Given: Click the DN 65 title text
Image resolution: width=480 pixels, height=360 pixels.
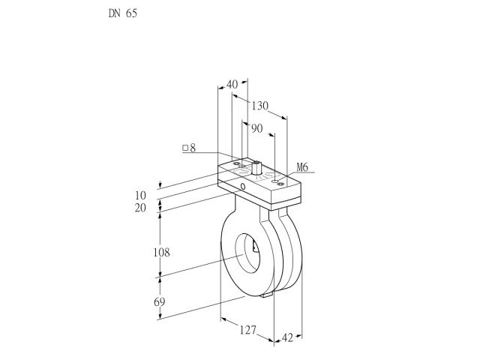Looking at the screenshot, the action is [x=123, y=13].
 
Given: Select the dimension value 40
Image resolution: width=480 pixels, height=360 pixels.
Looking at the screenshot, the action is [x=232, y=84].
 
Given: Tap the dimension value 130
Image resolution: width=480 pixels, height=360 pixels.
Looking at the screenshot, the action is [x=260, y=106].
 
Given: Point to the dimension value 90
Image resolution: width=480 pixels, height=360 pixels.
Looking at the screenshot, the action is [x=256, y=128].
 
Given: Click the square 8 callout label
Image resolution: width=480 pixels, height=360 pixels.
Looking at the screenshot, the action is [x=189, y=148].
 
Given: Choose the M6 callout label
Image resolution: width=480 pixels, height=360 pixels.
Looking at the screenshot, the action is [x=302, y=167].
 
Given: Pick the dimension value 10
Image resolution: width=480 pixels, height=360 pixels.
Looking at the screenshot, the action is [x=140, y=195].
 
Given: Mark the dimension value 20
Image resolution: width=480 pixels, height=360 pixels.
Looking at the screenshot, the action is [x=140, y=208].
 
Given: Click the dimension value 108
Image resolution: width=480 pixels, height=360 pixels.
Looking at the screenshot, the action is [x=161, y=253].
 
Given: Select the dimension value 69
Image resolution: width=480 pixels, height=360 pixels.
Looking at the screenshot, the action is [x=160, y=301].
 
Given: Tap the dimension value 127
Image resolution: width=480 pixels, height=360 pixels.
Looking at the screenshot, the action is [x=247, y=330].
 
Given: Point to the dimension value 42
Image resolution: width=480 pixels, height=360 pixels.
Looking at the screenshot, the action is [x=287, y=337].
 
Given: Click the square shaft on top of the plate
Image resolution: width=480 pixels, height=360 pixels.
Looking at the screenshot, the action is [x=256, y=167].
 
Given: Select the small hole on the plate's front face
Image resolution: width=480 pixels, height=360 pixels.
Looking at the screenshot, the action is [x=243, y=186].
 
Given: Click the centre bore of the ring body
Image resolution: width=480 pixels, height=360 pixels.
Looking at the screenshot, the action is [x=247, y=253].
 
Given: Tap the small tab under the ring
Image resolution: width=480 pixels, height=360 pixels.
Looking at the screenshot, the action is [x=267, y=295].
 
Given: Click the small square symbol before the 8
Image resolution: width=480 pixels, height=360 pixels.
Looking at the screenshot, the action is [x=185, y=148].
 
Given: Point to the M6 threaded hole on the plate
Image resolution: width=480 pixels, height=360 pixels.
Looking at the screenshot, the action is [x=275, y=181].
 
